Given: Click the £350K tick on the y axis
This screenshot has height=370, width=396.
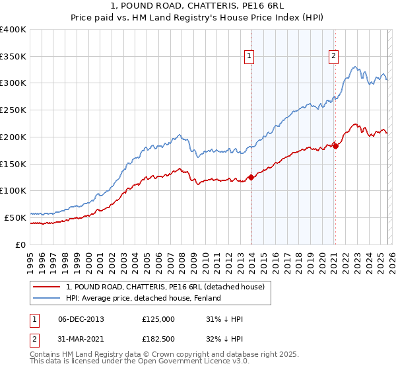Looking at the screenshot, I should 13,57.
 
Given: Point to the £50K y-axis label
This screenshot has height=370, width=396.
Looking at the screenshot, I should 15,217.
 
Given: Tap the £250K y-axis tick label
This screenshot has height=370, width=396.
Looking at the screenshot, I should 13,110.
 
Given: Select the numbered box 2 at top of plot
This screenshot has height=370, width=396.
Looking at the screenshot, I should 334,57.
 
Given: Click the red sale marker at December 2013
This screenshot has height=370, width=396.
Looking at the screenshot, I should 251,177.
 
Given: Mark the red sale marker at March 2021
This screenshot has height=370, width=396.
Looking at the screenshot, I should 335,146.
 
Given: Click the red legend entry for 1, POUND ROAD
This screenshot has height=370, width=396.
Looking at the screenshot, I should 165,287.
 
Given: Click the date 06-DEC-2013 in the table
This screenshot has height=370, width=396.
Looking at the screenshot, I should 81,319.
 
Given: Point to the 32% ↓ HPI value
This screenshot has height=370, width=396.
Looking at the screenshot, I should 224,341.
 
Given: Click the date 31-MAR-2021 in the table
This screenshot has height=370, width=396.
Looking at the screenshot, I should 81,341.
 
